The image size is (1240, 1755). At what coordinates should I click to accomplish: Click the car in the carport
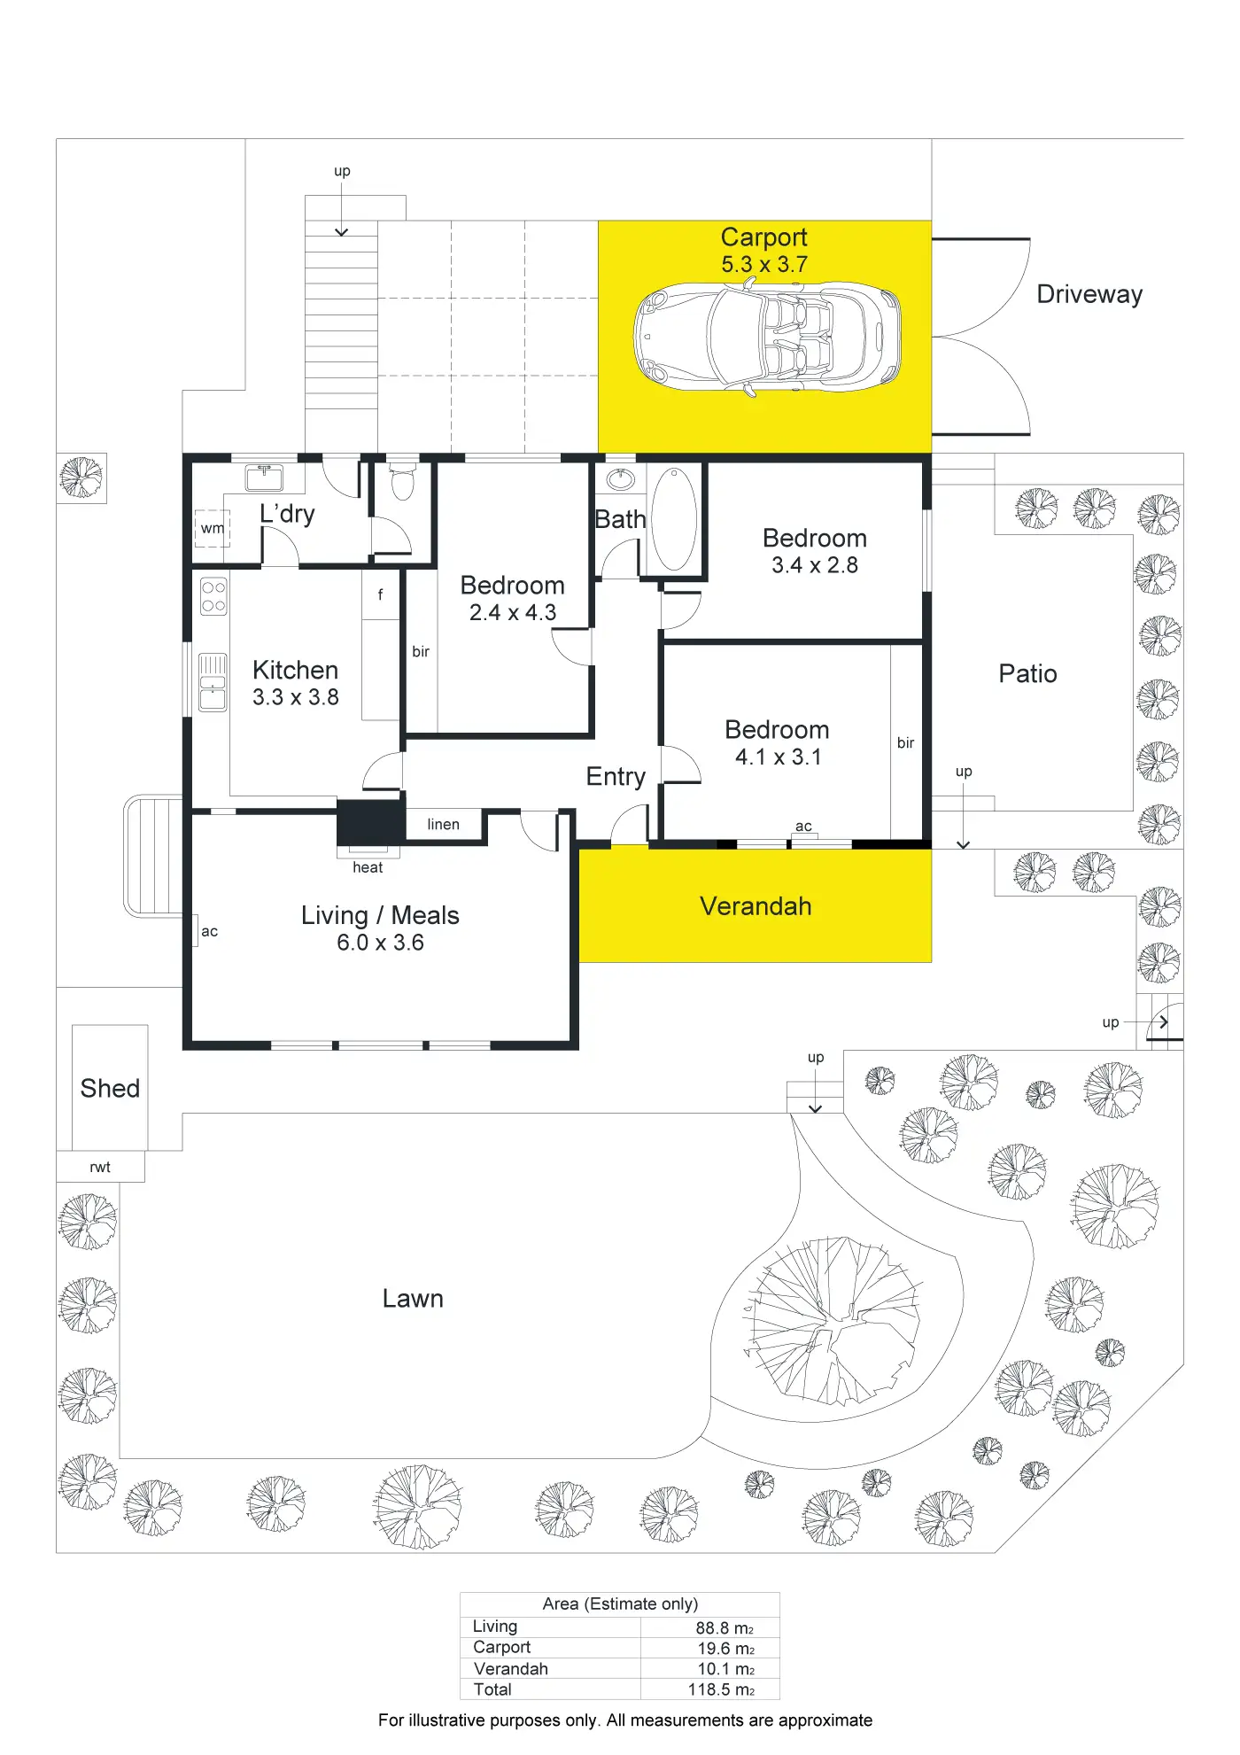tap(767, 337)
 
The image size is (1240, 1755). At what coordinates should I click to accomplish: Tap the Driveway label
tap(1089, 294)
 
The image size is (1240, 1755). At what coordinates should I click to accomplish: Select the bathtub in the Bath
tap(675, 518)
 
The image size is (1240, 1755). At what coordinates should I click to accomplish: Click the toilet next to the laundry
tap(402, 482)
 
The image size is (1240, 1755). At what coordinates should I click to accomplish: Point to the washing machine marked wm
tap(213, 528)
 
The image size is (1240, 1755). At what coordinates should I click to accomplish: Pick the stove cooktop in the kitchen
tap(213, 596)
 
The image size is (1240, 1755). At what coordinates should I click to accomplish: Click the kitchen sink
tap(213, 682)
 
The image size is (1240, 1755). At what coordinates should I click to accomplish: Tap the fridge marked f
tap(381, 594)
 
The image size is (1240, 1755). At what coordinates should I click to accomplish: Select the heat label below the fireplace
tap(368, 867)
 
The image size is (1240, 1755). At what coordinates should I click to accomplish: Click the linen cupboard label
tap(443, 825)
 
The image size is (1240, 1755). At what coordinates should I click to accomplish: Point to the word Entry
tap(616, 777)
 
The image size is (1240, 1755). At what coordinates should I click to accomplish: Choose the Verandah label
tap(756, 906)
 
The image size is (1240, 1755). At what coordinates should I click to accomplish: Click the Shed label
tap(110, 1088)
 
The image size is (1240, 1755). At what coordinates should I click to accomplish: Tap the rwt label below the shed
tap(100, 1167)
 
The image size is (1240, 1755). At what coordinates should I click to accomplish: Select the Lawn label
tap(413, 1298)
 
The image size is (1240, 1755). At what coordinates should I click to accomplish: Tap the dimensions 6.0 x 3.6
tap(380, 943)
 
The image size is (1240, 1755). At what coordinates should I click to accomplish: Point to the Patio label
tap(1027, 674)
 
